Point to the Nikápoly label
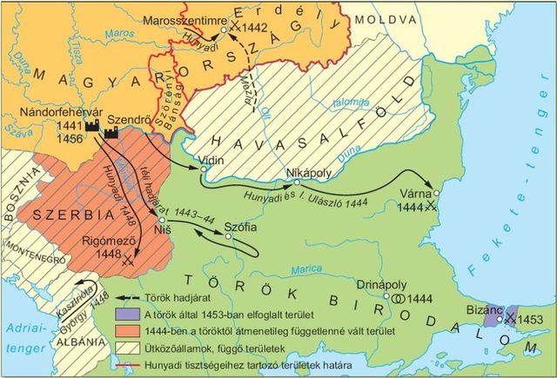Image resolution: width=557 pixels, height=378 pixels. coord(311,172)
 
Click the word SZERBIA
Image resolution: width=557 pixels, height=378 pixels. coord(65,213)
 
